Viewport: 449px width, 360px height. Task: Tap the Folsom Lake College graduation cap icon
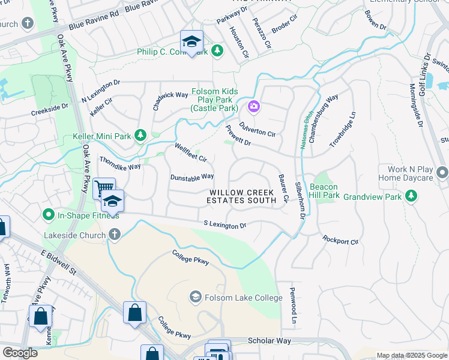195,297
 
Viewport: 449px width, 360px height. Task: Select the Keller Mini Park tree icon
140,136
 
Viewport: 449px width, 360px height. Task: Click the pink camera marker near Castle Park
253,107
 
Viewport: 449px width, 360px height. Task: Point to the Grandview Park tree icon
411,196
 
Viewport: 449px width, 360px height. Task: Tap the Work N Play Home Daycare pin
442,173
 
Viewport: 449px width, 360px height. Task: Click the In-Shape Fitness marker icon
48,214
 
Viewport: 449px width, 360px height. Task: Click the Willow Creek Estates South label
241,196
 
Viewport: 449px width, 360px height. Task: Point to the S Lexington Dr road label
225,224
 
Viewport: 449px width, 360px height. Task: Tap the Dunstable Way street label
192,177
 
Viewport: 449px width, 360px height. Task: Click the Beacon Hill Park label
325,191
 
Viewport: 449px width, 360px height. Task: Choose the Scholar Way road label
270,341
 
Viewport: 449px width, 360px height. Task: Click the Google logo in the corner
20,353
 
